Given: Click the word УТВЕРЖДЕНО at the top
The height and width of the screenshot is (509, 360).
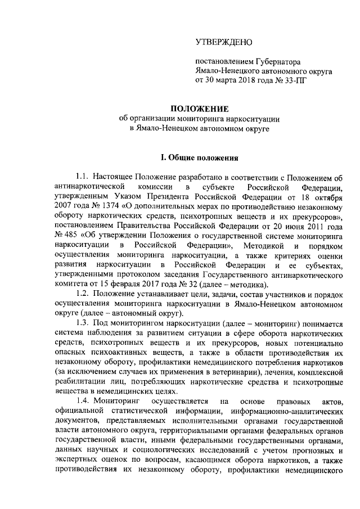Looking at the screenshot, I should click(224, 43).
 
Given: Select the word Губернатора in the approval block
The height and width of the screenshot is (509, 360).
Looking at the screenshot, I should click(280, 62).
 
